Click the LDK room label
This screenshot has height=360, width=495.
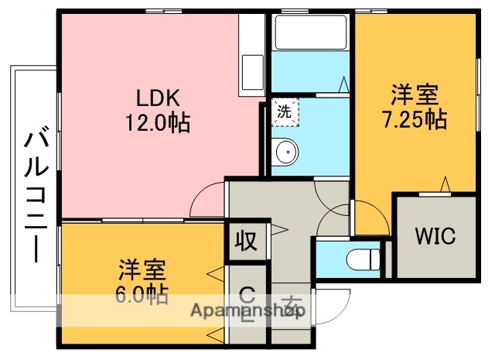coord(158,98)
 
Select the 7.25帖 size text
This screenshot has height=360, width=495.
coord(414,120)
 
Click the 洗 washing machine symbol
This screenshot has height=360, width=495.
coord(285,111)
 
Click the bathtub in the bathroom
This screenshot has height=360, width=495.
coord(310,33)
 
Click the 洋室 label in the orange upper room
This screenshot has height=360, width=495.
coord(414,96)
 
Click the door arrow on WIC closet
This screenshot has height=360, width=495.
coord(446,184)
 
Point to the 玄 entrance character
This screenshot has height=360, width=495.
coord(290,303)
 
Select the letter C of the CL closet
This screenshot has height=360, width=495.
coord(247,294)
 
